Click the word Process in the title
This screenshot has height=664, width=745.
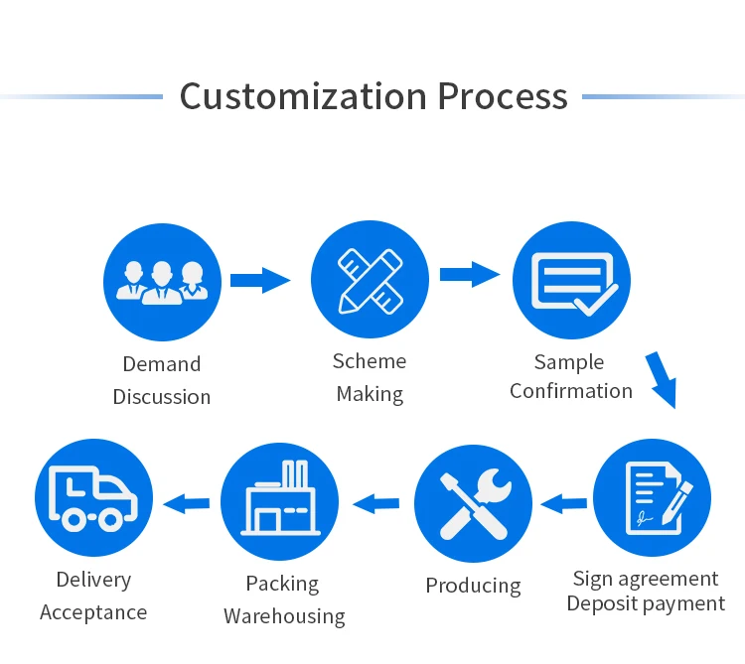tap(503, 96)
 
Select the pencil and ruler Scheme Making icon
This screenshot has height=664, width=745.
tap(370, 279)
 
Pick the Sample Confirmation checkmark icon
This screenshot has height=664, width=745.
tap(571, 279)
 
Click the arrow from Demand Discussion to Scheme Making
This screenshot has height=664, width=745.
tap(260, 280)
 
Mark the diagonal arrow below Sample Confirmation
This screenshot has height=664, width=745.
tap(661, 379)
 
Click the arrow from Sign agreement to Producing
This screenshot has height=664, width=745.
tap(563, 503)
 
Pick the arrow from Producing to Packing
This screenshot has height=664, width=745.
tap(376, 503)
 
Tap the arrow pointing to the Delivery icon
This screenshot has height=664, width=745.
tap(187, 503)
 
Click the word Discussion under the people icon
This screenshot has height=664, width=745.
tap(162, 397)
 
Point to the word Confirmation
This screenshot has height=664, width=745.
tap(571, 391)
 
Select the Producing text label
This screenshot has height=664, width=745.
tap(473, 586)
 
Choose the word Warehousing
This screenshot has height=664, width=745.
tap(284, 616)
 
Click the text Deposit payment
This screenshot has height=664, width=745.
tap(646, 603)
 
